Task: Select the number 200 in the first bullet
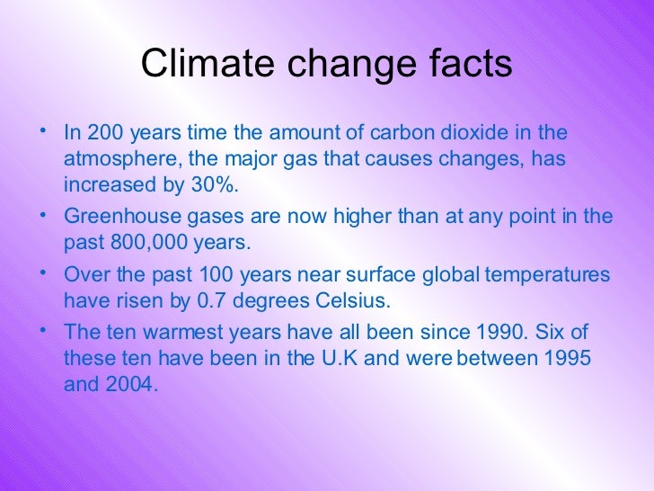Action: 103,133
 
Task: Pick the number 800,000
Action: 133,243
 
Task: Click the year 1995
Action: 567,358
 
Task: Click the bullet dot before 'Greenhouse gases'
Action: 43,214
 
